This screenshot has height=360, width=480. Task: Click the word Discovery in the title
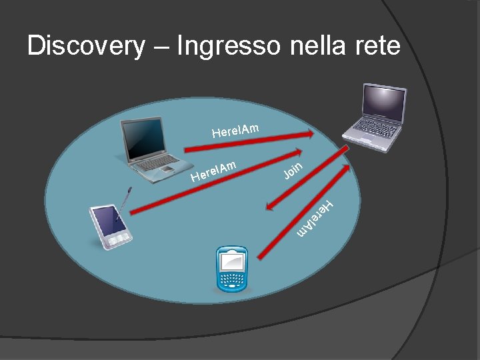(86, 46)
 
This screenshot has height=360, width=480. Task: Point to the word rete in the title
(377, 46)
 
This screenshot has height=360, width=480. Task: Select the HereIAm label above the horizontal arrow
(235, 129)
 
